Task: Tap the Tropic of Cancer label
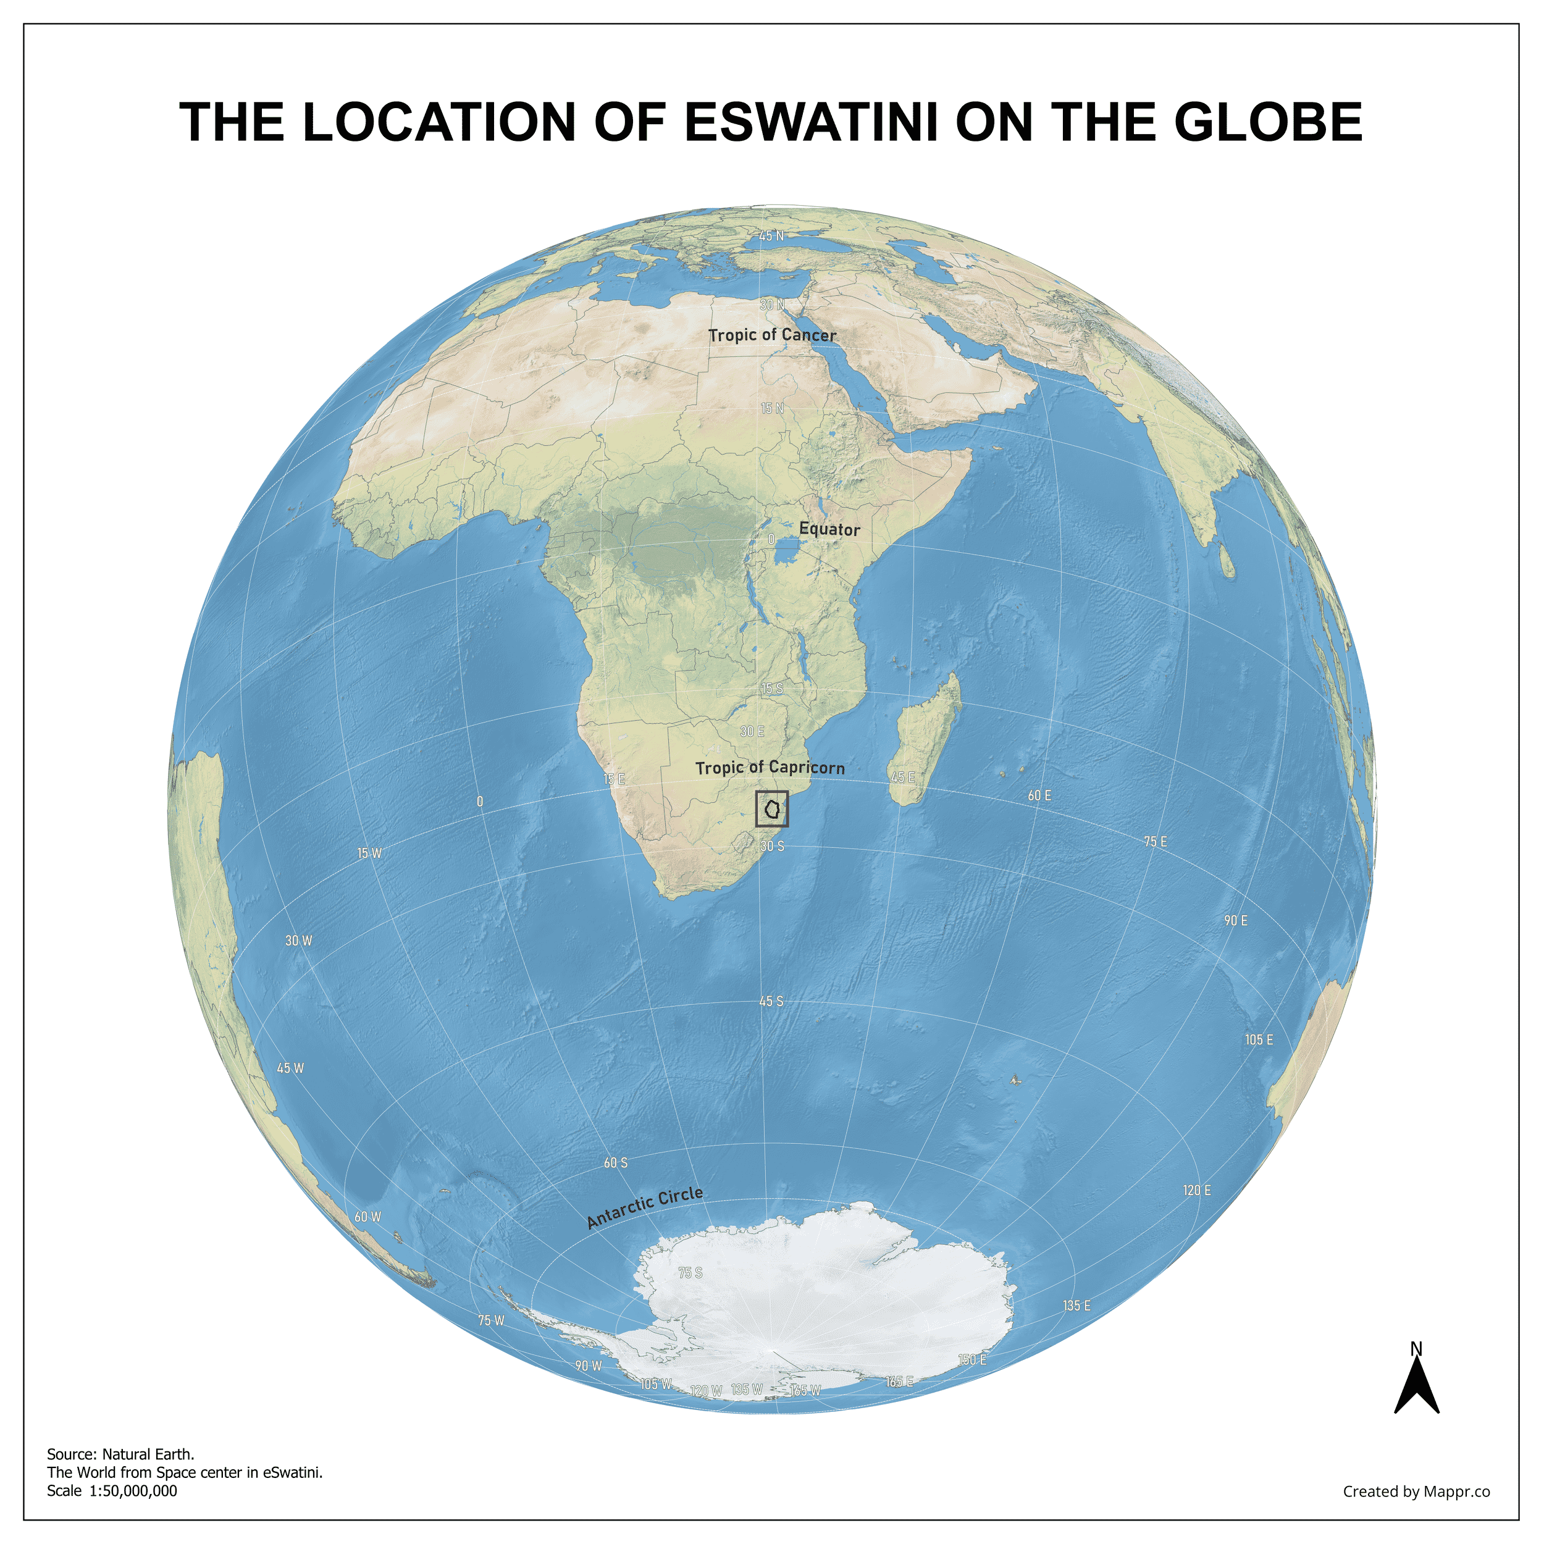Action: pyautogui.click(x=772, y=335)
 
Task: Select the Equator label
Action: pyautogui.click(x=829, y=529)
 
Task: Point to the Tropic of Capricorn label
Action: pyautogui.click(x=770, y=768)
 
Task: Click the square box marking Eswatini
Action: pyautogui.click(x=771, y=809)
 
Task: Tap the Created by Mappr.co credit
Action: pyautogui.click(x=1416, y=1492)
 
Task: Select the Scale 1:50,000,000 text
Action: pyautogui.click(x=112, y=1490)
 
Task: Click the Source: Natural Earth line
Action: pyautogui.click(x=120, y=1454)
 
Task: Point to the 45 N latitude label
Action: pyautogui.click(x=771, y=236)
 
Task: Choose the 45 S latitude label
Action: pyautogui.click(x=771, y=1001)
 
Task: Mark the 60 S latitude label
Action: pyautogui.click(x=615, y=1163)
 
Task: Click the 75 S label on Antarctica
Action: pyautogui.click(x=690, y=1272)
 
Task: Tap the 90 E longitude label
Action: pyautogui.click(x=1236, y=921)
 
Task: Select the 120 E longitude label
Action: pyautogui.click(x=1196, y=1191)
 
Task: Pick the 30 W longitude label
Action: pyautogui.click(x=299, y=941)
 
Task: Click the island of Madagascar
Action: pyautogui.click(x=927, y=739)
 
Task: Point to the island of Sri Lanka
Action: pyautogui.click(x=1227, y=561)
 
